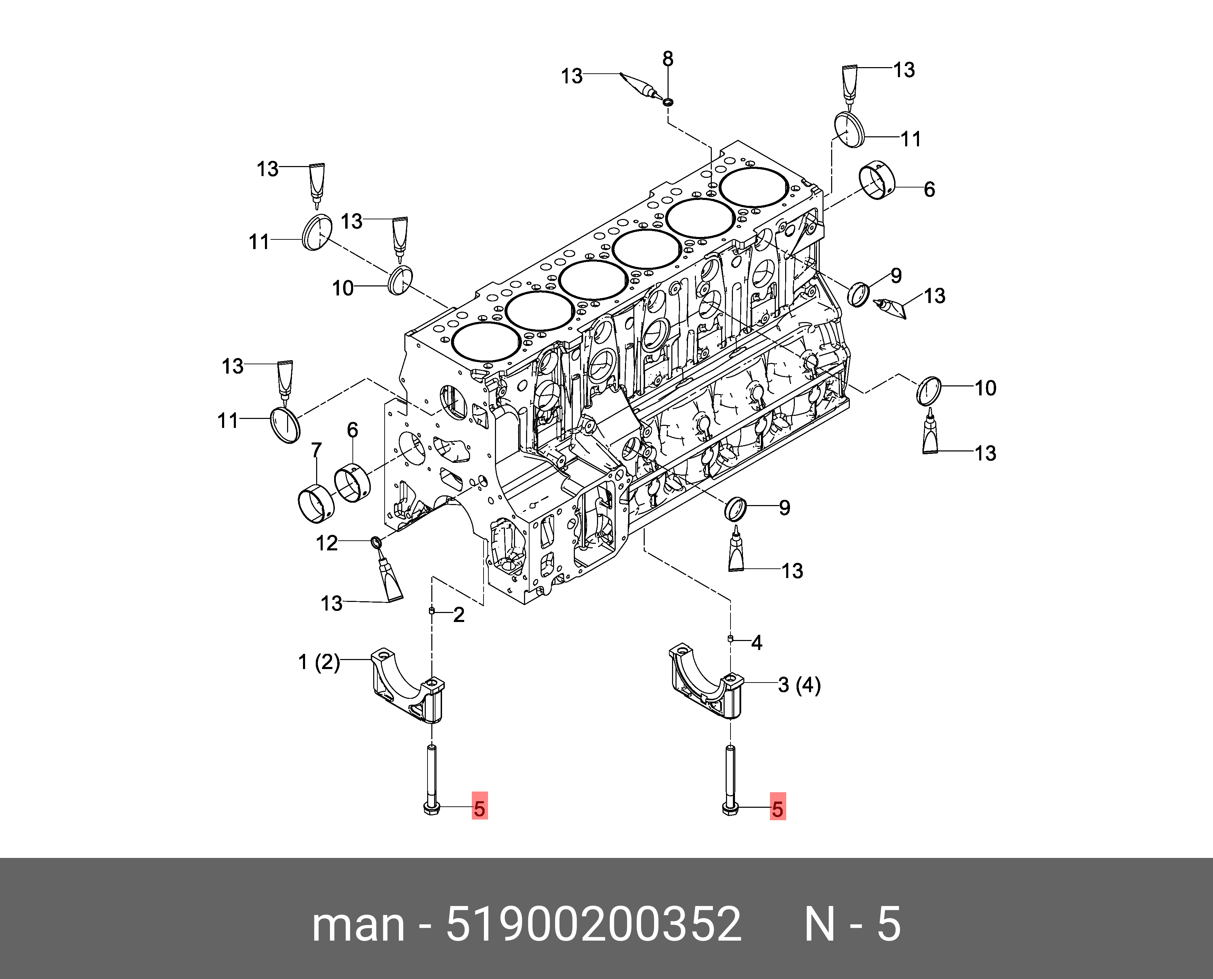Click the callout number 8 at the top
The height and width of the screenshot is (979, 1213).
(668, 59)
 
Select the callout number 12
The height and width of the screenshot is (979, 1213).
(327, 543)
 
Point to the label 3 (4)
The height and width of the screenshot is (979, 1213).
(799, 685)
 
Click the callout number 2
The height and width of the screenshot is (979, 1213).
(459, 615)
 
